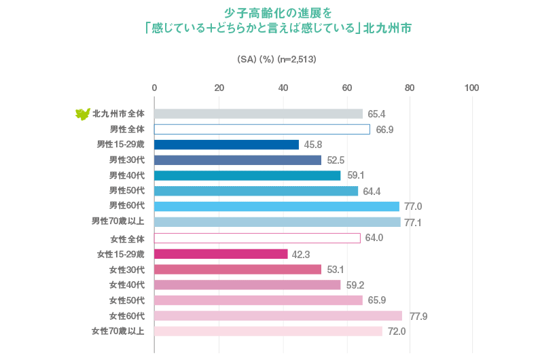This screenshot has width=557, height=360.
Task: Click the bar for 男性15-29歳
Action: pyautogui.click(x=226, y=145)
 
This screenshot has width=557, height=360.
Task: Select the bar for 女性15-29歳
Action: pyautogui.click(x=221, y=254)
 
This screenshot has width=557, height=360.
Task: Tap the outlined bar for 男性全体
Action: pyautogui.click(x=262, y=129)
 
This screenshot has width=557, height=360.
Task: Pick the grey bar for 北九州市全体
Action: pyautogui.click(x=258, y=113)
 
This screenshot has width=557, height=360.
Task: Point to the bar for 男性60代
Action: pyautogui.click(x=276, y=206)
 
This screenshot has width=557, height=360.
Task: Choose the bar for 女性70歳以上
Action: pyautogui.click(x=268, y=331)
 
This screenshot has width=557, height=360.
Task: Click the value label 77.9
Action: pyautogui.click(x=418, y=317)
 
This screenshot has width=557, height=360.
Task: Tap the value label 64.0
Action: pyautogui.click(x=374, y=238)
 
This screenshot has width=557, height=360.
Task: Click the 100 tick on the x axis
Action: pyautogui.click(x=471, y=88)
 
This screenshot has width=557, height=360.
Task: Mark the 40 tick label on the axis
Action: pyautogui.click(x=283, y=88)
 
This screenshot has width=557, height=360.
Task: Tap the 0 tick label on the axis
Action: pyautogui.click(x=154, y=88)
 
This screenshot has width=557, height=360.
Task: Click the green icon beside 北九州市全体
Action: pyautogui.click(x=82, y=113)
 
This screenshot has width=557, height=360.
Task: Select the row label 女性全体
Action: pyautogui.click(x=127, y=239)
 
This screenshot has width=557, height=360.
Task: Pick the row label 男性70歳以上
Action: pyautogui.click(x=118, y=221)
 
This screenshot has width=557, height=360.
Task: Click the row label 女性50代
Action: pyautogui.click(x=127, y=300)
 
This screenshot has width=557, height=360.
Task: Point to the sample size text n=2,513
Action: pyautogui.click(x=297, y=59)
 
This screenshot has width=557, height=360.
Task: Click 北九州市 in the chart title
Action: pyautogui.click(x=387, y=29)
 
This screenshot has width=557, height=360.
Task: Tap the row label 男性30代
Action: pyautogui.click(x=127, y=160)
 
